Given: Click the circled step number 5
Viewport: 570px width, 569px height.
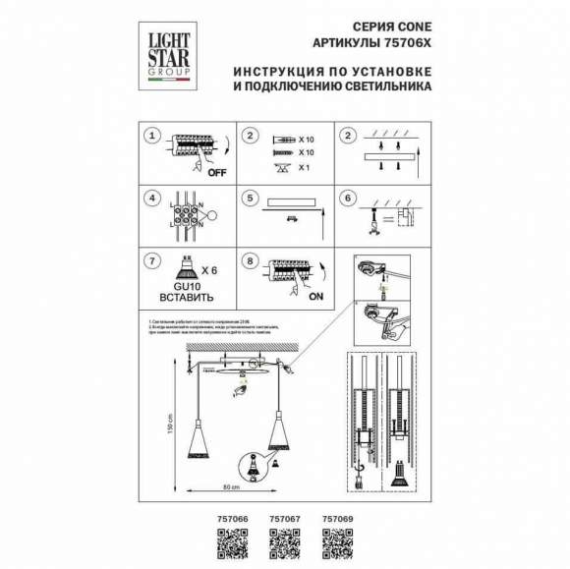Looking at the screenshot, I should pos(251,197).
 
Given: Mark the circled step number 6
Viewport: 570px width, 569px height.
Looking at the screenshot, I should pos(346,197).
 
